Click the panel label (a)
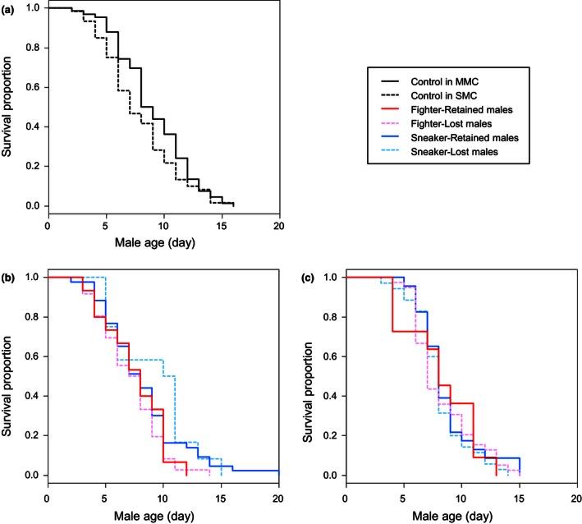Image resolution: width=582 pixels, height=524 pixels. click(x=8, y=7)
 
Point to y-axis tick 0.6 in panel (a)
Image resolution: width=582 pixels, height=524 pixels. click(x=31, y=87)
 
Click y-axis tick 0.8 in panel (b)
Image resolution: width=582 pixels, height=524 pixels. click(x=31, y=317)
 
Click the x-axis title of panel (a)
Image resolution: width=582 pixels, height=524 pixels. click(x=163, y=242)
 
